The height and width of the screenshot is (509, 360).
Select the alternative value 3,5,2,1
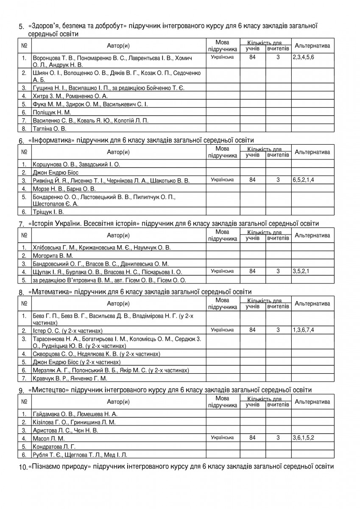[301, 271]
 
